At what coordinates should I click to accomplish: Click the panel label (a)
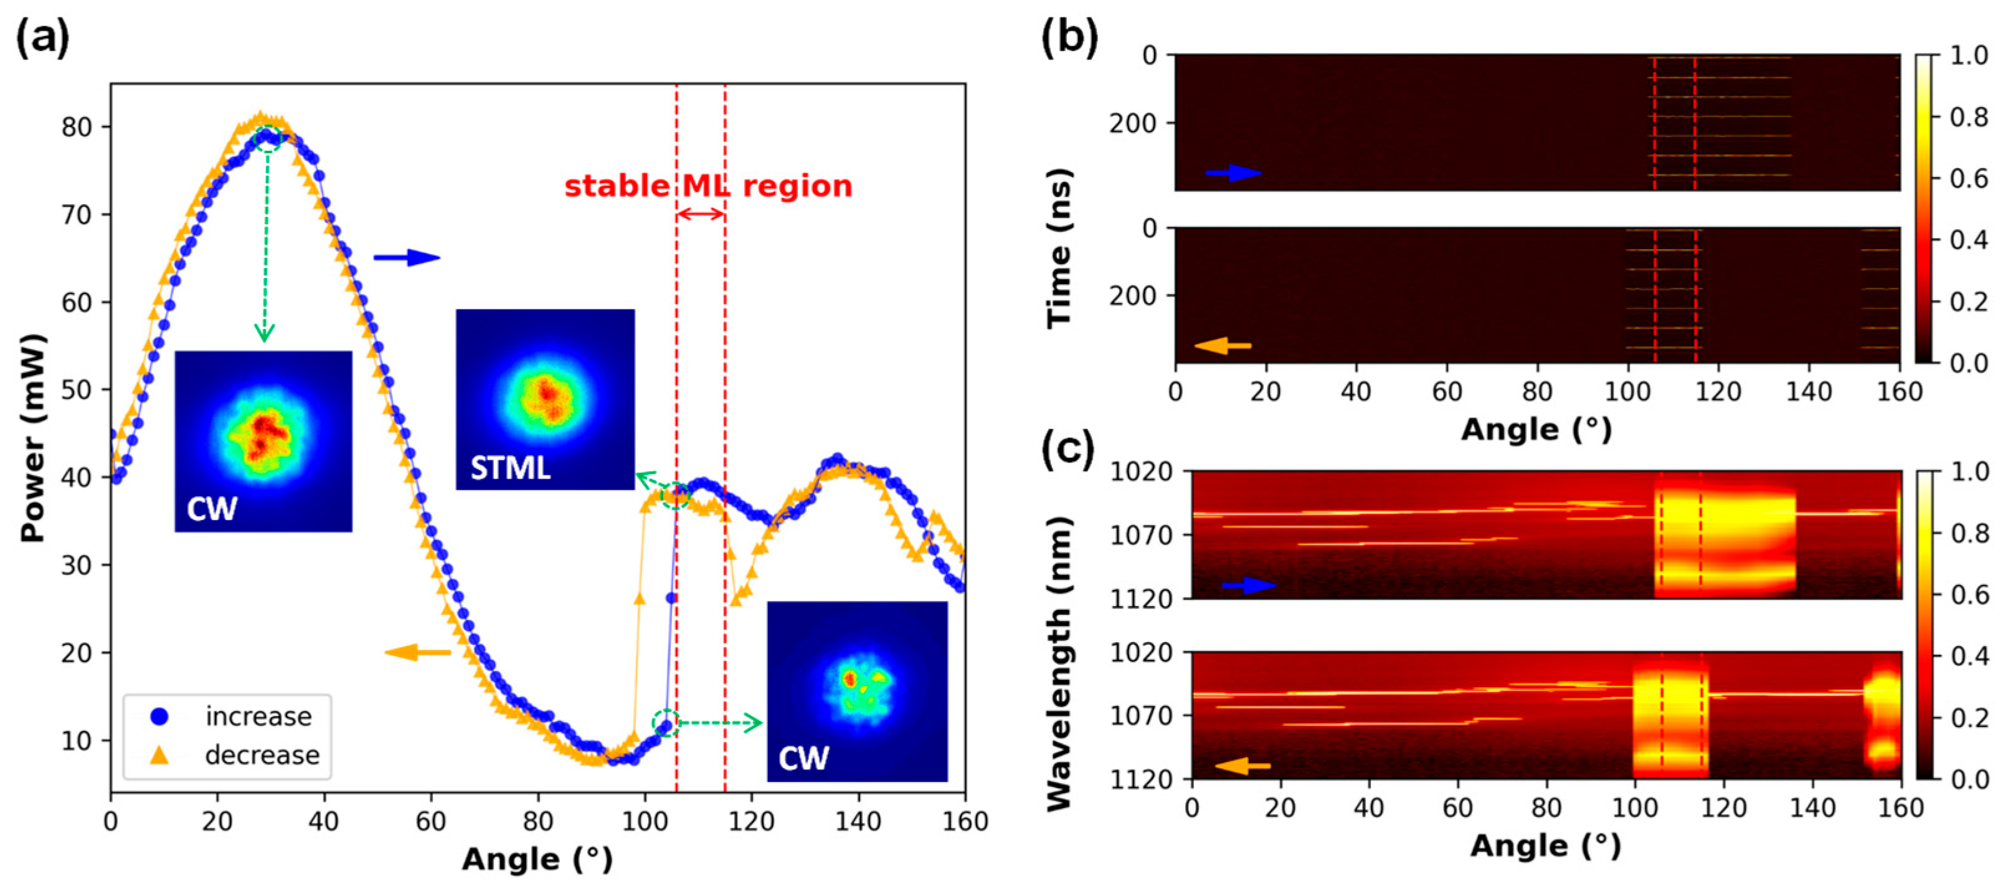tap(43, 37)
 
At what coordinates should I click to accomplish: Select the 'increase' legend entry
tap(258, 716)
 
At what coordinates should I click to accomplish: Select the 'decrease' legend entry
tap(262, 755)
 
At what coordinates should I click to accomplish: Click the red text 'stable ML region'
tap(707, 186)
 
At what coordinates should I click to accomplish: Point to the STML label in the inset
tap(510, 468)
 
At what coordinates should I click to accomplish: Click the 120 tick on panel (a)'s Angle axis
tap(750, 821)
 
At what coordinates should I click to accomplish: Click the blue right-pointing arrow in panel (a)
tap(406, 258)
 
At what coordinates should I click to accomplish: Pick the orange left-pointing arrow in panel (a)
tap(418, 652)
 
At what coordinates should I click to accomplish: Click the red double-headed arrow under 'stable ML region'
tap(701, 214)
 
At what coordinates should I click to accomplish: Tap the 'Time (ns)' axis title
tap(1059, 249)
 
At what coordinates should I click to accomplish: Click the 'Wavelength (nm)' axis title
tap(1059, 664)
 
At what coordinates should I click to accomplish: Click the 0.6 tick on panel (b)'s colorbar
tap(1969, 179)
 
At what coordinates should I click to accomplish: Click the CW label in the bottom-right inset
tap(803, 758)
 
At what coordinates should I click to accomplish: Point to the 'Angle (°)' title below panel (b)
tap(1536, 430)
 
